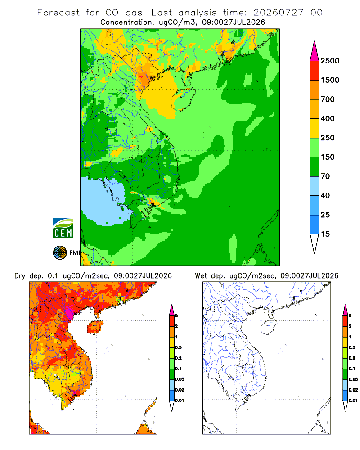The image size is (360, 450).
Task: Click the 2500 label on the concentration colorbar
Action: coord(330,61)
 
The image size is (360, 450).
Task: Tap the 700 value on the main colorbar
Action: coord(328,99)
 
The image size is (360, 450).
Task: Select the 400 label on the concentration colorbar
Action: coord(328,118)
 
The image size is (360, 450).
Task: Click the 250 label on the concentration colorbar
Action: coord(328,138)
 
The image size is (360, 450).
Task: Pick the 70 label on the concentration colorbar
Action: coord(325,176)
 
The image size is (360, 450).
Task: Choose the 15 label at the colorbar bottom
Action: coord(325,234)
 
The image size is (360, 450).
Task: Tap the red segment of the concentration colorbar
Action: coord(315,71)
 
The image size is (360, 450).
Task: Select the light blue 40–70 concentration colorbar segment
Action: coord(315,186)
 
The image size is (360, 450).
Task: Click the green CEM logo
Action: coord(63,229)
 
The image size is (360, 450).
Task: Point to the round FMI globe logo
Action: coord(60,253)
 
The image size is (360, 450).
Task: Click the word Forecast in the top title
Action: coord(58,13)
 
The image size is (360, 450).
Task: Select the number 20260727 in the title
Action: coord(278,13)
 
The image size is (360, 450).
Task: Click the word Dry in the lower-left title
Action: coord(20,276)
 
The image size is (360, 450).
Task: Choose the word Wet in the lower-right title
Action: coord(201,276)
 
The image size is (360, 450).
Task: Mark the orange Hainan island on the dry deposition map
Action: coord(95,327)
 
